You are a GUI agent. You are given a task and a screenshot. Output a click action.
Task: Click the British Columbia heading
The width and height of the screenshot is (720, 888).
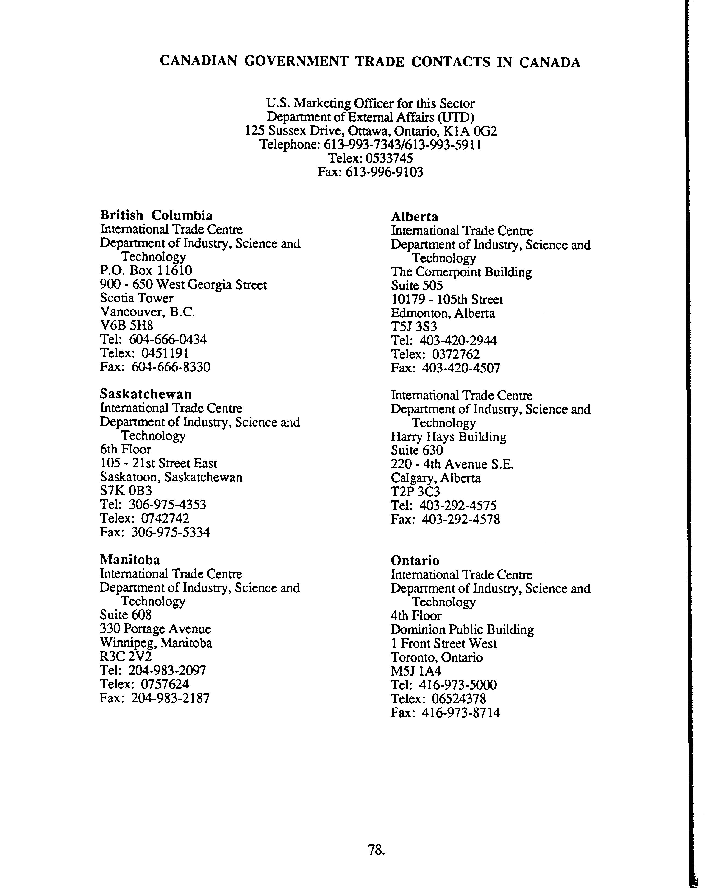coord(156,215)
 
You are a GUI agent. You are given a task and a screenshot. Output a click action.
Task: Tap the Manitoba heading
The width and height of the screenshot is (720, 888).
coord(130,560)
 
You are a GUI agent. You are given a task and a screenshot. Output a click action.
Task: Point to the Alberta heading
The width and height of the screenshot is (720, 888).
coord(414,217)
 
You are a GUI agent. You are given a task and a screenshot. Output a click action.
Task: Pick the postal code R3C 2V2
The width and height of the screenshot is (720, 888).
coord(126,656)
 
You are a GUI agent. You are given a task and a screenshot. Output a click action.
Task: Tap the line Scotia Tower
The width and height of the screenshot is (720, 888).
coord(137,298)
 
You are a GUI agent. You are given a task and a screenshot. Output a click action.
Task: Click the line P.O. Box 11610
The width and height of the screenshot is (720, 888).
coord(146,271)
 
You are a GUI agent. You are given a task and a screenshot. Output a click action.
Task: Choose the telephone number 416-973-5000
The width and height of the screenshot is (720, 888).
coord(458,685)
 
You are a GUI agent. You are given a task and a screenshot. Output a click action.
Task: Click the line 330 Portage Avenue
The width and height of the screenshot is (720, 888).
coord(155,629)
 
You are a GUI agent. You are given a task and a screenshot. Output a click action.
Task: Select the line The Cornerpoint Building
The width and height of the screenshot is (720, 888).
coord(461,272)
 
